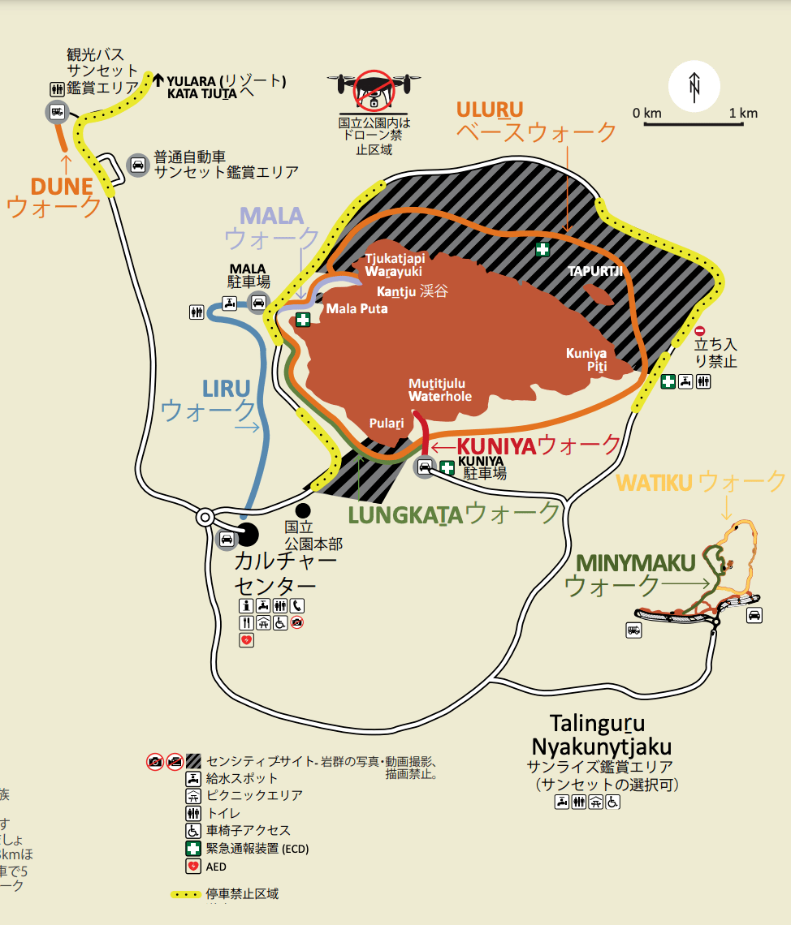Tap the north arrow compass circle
(x=694, y=86)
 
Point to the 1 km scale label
(x=743, y=113)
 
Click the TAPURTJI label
(x=595, y=271)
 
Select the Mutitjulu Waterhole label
(x=439, y=389)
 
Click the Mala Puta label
(x=357, y=308)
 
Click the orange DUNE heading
(x=62, y=187)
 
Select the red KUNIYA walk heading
(x=497, y=445)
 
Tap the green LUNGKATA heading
(x=405, y=514)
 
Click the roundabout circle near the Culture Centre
(x=205, y=517)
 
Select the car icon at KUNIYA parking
(x=425, y=467)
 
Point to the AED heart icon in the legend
(x=192, y=867)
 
